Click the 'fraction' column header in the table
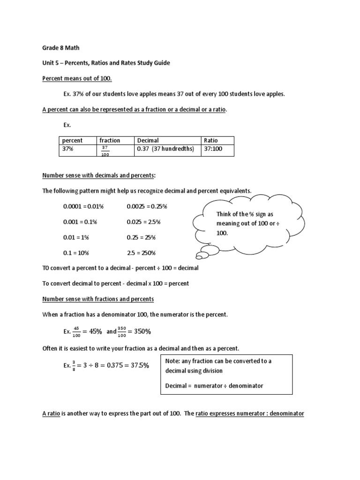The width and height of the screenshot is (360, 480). point(110,140)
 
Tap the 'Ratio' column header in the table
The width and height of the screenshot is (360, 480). point(210,140)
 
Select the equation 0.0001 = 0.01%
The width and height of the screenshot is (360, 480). point(83,206)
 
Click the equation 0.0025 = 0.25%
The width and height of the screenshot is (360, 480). point(147,206)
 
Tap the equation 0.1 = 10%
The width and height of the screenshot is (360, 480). point(76,253)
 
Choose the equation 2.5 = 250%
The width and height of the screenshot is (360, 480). point(141,253)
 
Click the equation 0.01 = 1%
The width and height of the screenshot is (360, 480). point(76,237)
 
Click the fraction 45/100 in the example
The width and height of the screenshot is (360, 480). point(78,332)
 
